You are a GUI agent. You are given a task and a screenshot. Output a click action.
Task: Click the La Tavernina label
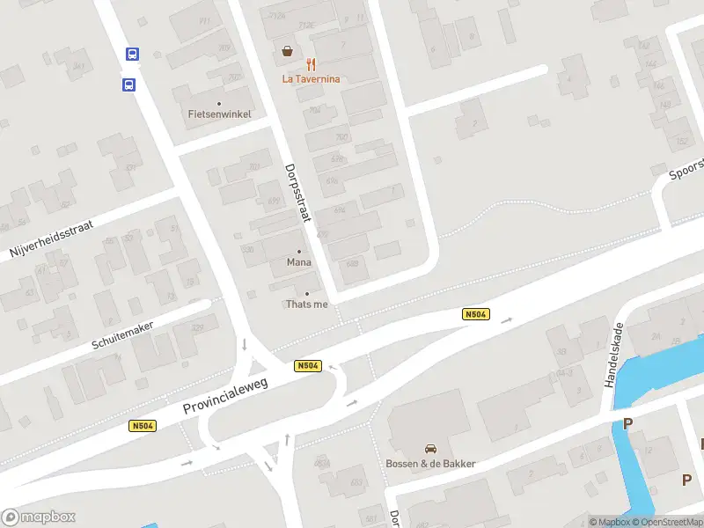[x=311, y=78]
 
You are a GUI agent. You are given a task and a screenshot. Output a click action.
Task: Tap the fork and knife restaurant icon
[x=311, y=64]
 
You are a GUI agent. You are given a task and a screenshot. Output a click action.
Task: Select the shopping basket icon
[x=288, y=51]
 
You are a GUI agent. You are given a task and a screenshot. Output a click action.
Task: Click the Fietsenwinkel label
[x=220, y=114]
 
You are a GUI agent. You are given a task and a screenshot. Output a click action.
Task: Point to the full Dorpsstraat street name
[x=298, y=193]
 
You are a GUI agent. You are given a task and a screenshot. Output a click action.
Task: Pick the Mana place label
[x=299, y=262]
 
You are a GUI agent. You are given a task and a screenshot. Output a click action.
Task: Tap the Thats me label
[x=306, y=304]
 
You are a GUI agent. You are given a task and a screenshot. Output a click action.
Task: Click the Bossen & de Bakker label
[x=431, y=464]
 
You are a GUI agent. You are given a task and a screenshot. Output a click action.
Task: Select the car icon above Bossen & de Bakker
[x=431, y=449]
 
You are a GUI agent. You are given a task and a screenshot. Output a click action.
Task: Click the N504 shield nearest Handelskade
[x=475, y=314]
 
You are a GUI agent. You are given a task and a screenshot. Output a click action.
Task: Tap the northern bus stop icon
[x=133, y=54]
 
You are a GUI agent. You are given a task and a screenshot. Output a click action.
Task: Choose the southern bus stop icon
[x=128, y=85]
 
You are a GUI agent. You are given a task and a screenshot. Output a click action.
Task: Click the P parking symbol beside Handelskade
[x=627, y=424]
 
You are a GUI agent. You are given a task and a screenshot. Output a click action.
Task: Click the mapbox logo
[x=38, y=517]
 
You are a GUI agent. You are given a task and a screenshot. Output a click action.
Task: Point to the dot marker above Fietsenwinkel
[x=219, y=103]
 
